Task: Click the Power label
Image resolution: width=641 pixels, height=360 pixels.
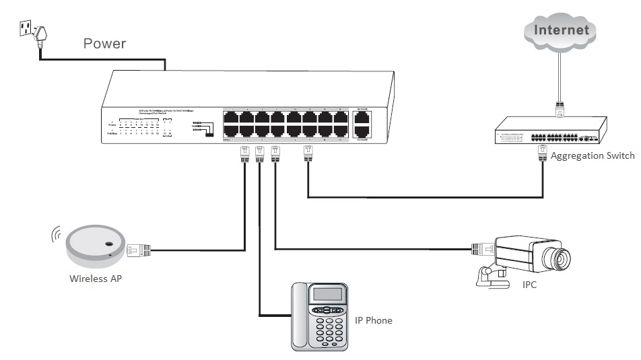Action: (x=104, y=44)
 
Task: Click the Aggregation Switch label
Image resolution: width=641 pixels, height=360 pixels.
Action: (x=592, y=156)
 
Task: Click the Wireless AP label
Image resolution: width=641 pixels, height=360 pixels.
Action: (x=96, y=279)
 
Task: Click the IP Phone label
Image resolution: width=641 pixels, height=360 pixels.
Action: (x=373, y=320)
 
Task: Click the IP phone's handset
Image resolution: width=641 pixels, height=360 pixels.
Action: (x=300, y=316)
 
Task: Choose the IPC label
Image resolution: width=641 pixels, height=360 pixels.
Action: (x=530, y=285)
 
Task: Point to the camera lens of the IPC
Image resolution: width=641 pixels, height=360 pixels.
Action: (x=560, y=256)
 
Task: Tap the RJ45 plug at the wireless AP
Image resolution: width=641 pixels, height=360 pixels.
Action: (x=139, y=250)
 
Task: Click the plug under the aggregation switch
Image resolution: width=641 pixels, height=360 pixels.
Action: (x=541, y=155)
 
